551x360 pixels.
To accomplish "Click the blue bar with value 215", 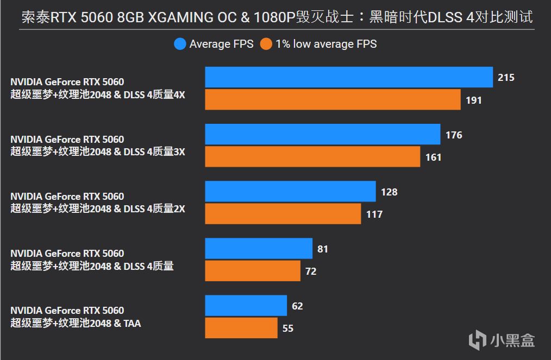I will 348,78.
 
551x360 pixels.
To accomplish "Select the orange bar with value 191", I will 333,100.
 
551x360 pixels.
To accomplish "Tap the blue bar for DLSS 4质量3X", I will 322,135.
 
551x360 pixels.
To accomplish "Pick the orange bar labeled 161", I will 312,157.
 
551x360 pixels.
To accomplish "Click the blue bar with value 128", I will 290,192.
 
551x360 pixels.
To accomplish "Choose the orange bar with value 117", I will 283,214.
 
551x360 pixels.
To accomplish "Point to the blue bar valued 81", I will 259,249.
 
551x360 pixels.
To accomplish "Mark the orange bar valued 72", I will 252,271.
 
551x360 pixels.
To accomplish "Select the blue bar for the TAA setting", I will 246,306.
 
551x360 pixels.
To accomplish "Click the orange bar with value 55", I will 241,328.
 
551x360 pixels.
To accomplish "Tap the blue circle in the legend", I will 180,44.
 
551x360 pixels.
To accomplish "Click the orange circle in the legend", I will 266,44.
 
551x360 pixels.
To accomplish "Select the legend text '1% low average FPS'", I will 326,44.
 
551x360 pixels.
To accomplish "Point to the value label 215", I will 506,78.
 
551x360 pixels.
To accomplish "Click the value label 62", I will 297,306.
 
